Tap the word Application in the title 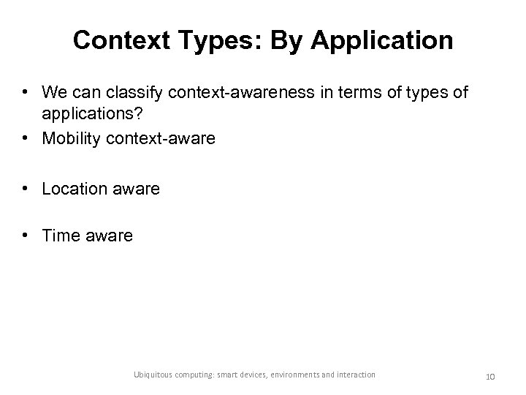coord(390,41)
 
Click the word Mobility coord(71,138)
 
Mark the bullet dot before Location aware coord(26,189)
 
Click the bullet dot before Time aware coord(26,236)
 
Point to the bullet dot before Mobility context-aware coord(26,138)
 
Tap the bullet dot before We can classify coord(26,93)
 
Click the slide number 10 coord(490,375)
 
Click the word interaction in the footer coord(356,375)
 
